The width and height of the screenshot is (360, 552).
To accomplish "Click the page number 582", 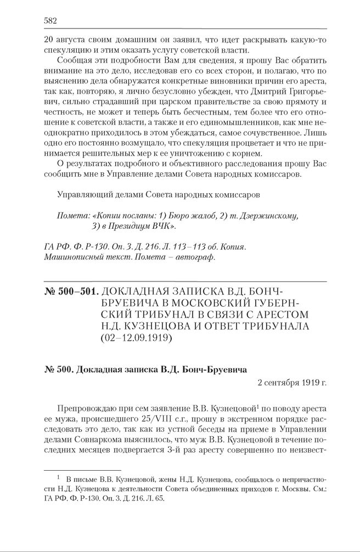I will pyautogui.click(x=50, y=20).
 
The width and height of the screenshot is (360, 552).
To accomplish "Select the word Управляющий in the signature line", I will pyautogui.click(x=83, y=194).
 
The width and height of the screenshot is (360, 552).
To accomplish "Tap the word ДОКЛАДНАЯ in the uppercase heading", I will pyautogui.click(x=142, y=290).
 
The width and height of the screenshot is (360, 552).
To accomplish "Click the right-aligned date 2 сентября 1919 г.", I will pyautogui.click(x=292, y=382).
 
